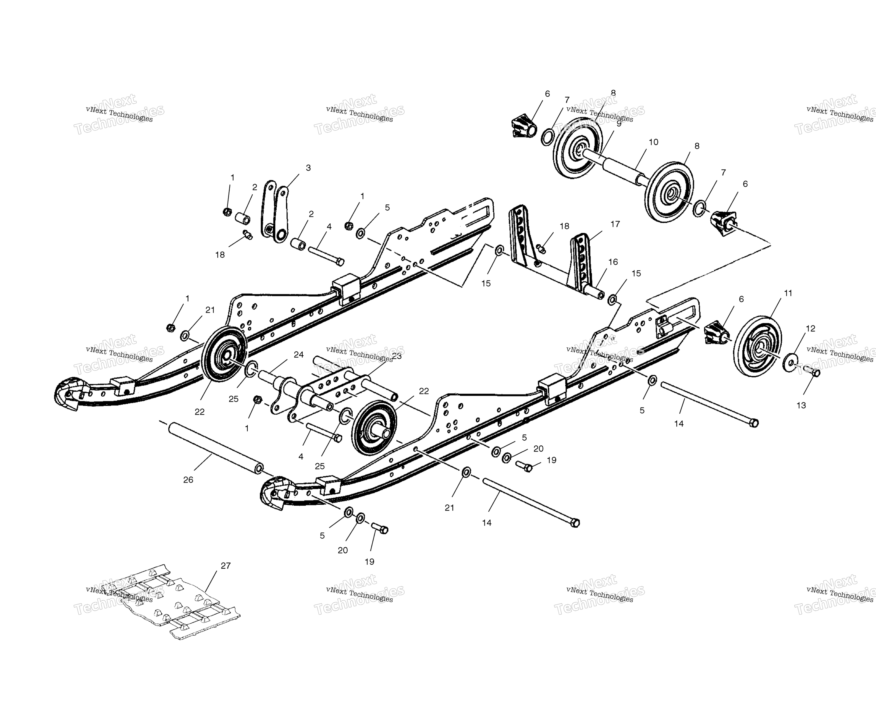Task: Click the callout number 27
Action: (225, 565)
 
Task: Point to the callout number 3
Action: (308, 168)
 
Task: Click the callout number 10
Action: (653, 142)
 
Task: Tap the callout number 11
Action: (788, 293)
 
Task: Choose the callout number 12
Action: (810, 328)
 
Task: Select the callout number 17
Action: (615, 224)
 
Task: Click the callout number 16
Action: (613, 262)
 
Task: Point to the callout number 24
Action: (299, 354)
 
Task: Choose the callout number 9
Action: (619, 123)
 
